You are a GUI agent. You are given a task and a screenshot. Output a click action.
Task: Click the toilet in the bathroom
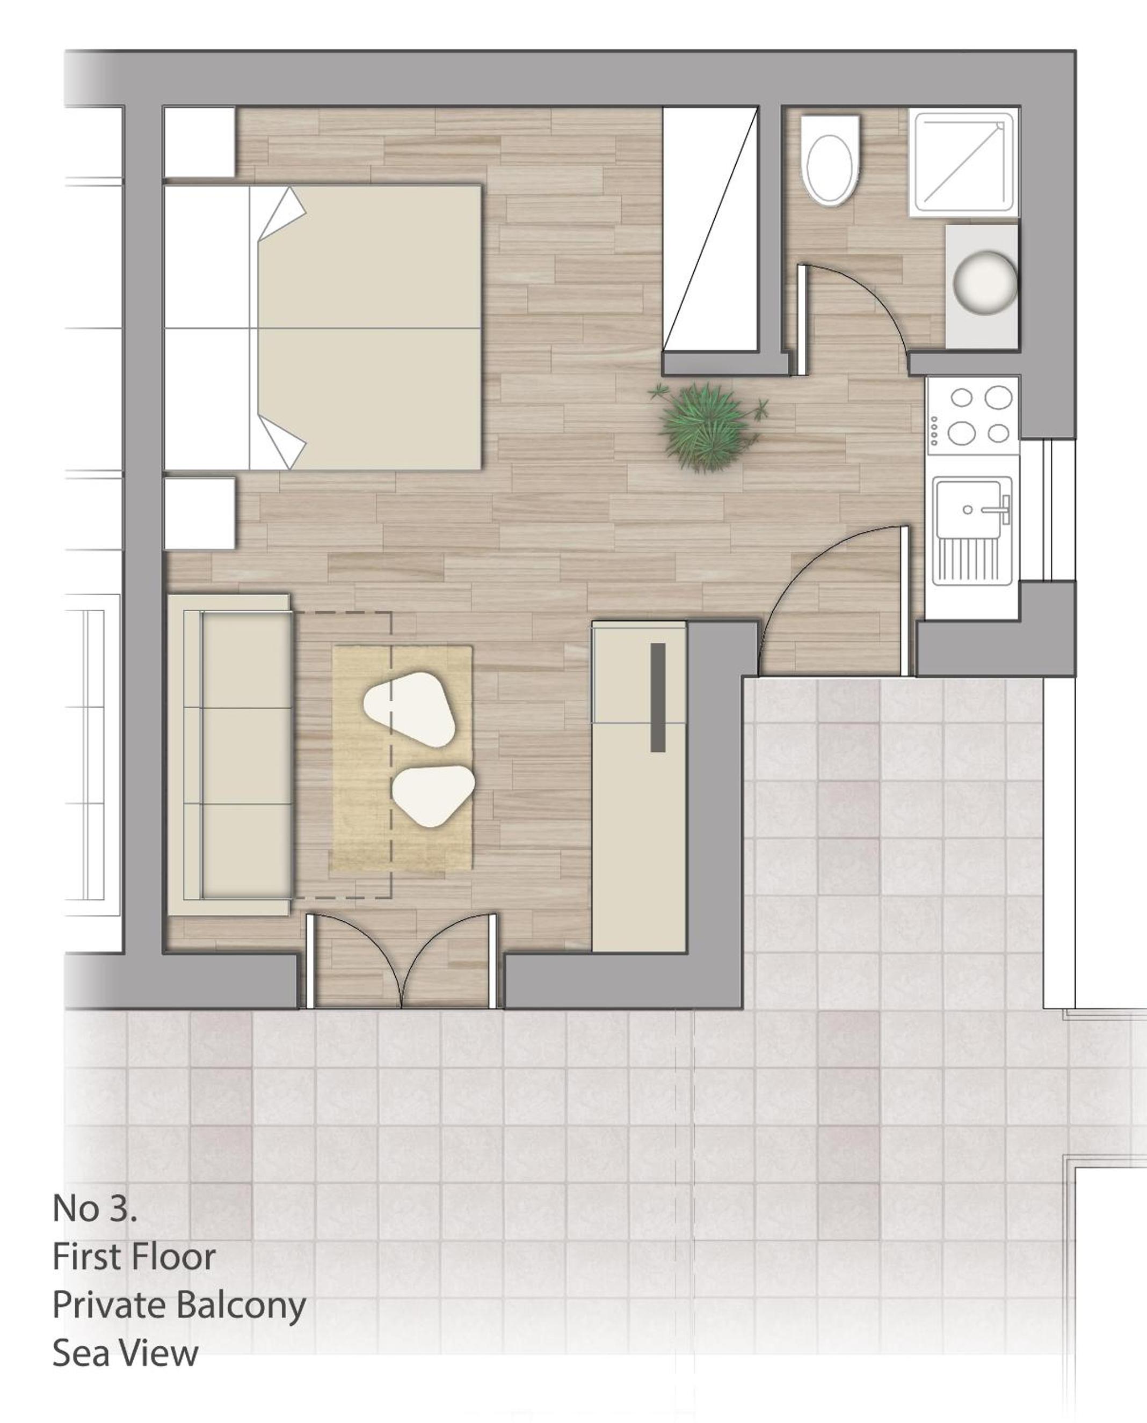(830, 160)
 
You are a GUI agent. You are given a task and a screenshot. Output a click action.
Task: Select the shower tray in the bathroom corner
(963, 162)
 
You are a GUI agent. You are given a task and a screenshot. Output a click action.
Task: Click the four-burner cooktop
(972, 415)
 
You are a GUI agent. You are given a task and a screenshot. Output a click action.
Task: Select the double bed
(322, 327)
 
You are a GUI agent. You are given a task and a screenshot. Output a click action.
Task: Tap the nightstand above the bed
(199, 142)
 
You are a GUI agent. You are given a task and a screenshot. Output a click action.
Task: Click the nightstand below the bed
(199, 514)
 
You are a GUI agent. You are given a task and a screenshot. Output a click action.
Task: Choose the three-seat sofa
(229, 755)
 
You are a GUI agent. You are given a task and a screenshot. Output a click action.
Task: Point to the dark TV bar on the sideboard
(657, 698)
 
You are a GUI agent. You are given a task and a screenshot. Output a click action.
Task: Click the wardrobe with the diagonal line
(709, 229)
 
